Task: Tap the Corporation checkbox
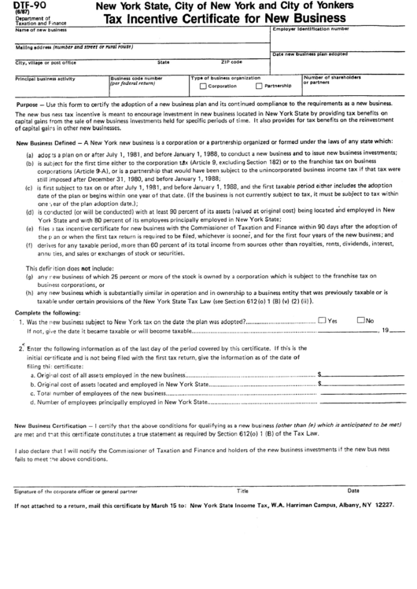tap(203, 86)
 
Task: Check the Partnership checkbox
tap(259, 86)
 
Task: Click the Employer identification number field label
tap(309, 28)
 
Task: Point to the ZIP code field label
tap(231, 61)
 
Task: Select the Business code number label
tap(137, 79)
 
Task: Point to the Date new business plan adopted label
tap(309, 53)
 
